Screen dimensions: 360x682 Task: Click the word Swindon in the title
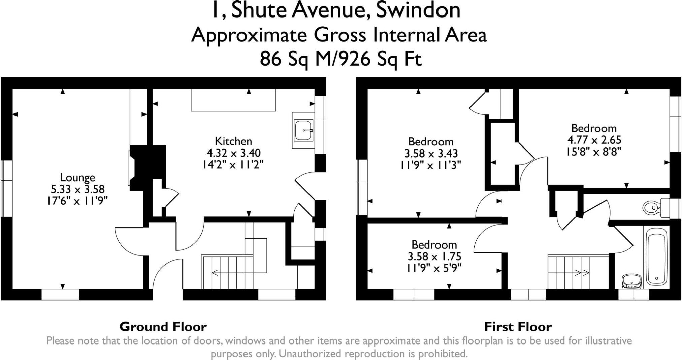coord(418,10)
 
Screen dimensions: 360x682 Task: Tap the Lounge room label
coord(77,177)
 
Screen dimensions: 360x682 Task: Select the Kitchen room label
coord(233,141)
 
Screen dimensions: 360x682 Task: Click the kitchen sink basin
coord(303,130)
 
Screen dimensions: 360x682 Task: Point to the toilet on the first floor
coord(652,208)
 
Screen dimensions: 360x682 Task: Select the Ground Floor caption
coord(163,327)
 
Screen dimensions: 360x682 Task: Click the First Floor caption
coord(518,327)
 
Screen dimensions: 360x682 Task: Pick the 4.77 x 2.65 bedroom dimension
coord(594,140)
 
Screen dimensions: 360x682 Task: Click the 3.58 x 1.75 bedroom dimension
coord(434,257)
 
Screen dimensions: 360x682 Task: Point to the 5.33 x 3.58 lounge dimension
coord(77,189)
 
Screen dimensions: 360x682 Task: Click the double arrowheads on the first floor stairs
coord(582,273)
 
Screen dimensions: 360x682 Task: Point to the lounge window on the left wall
coord(7,188)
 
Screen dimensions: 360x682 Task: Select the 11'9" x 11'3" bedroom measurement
coord(431,165)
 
